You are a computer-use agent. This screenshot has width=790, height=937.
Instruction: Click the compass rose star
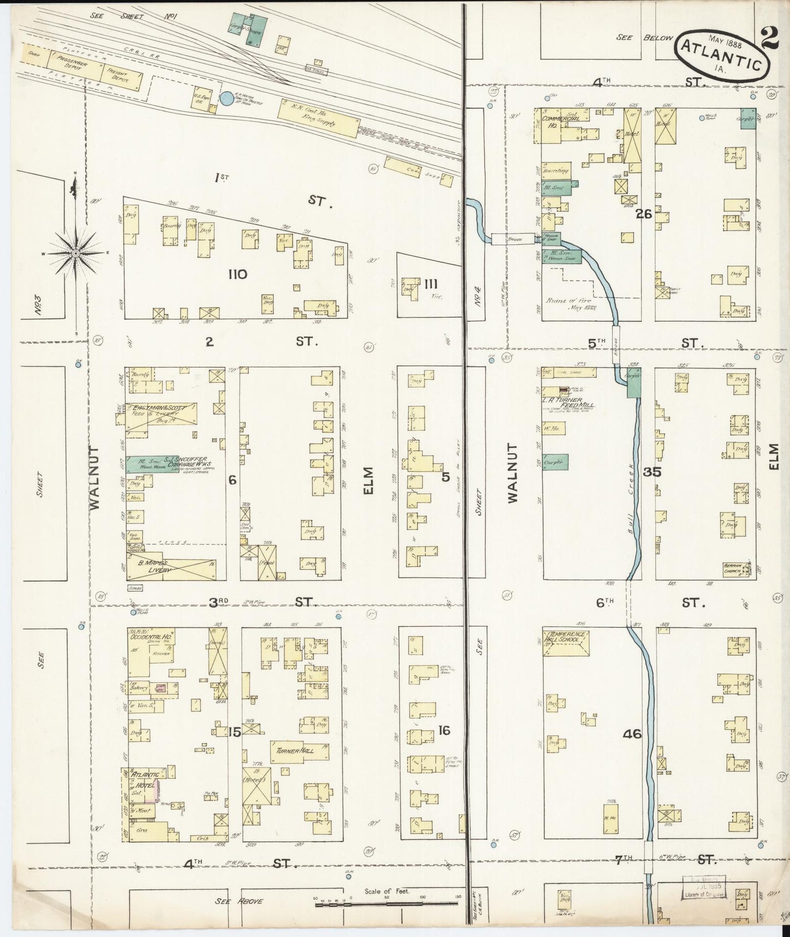click(75, 253)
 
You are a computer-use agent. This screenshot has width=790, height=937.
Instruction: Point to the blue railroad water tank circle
click(226, 99)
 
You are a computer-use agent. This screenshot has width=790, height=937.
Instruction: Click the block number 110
click(238, 274)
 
